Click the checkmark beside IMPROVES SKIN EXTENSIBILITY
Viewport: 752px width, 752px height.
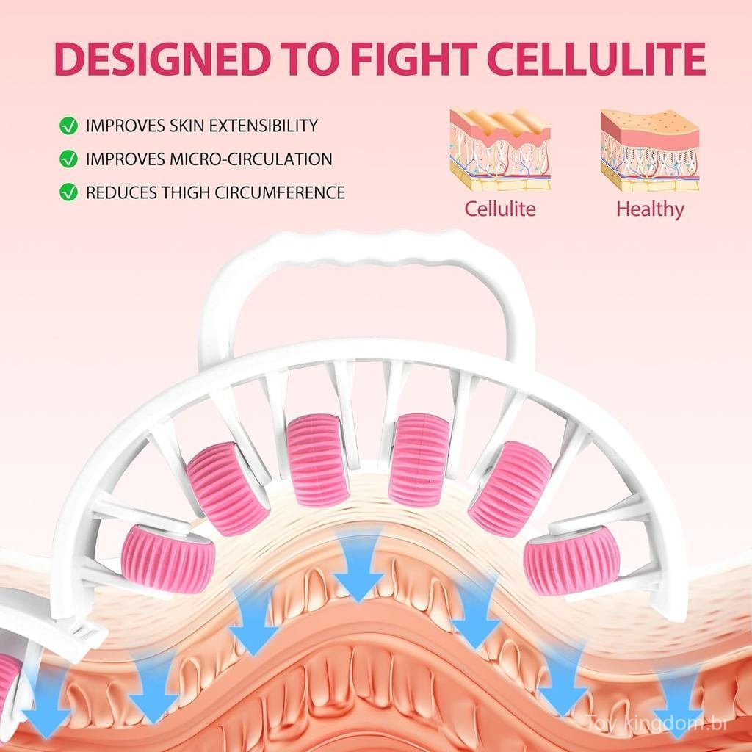click(x=68, y=126)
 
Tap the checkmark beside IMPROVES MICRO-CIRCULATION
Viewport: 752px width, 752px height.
click(x=68, y=159)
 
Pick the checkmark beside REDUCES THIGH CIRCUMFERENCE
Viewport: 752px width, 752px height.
click(x=68, y=192)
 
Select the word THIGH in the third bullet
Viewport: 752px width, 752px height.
click(x=185, y=192)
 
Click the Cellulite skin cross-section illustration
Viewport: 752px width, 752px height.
click(x=499, y=149)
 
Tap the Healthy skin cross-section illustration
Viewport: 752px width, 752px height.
click(x=649, y=149)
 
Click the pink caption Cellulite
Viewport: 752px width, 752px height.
click(x=499, y=209)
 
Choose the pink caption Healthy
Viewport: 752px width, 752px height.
click(x=650, y=209)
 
